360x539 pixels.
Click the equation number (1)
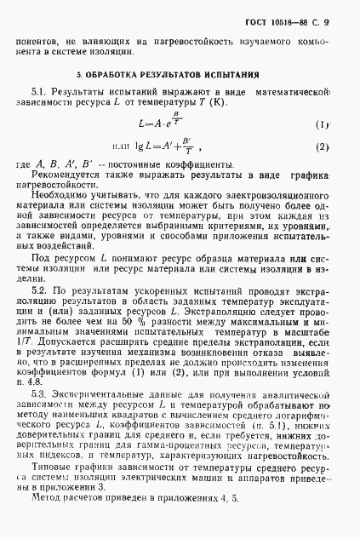[322, 124]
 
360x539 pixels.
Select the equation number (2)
[322, 147]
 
